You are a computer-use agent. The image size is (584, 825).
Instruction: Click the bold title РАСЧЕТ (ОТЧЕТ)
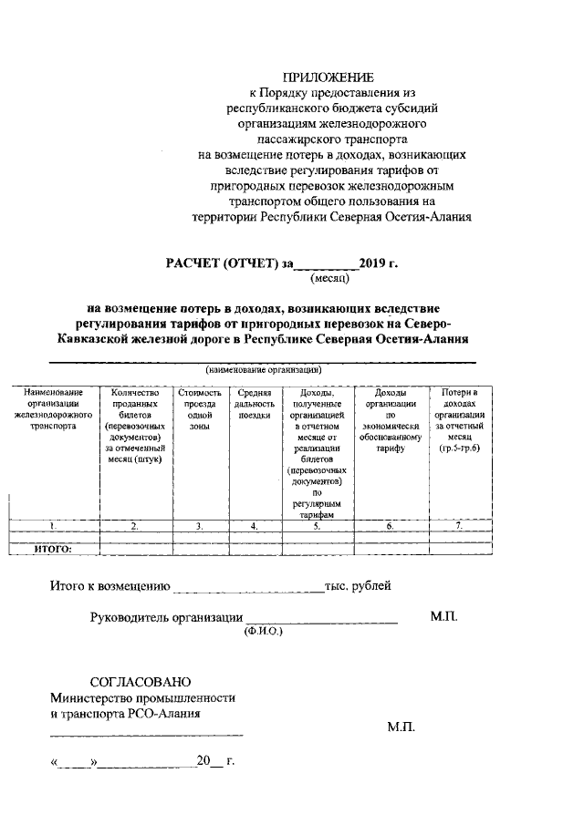pos(224,264)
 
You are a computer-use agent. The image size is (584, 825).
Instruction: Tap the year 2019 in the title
pos(373,264)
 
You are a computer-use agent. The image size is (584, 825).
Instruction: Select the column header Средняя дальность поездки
pos(254,404)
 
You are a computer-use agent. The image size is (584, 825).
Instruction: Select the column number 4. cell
pos(254,526)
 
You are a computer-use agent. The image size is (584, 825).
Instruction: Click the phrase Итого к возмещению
pos(109,586)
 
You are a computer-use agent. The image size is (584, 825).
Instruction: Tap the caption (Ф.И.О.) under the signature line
pos(265,630)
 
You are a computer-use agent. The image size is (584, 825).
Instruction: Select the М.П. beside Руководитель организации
pos(444,617)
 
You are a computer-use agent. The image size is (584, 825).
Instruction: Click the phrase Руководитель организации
pos(165,617)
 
